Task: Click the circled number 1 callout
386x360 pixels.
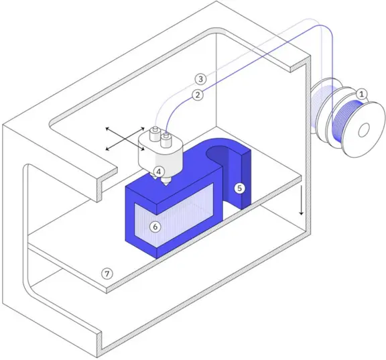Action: point(362,94)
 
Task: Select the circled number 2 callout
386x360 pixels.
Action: point(198,95)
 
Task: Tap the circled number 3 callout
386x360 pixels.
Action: point(200,79)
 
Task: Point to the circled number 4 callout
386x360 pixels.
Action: point(159,172)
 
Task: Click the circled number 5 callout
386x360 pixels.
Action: point(239,188)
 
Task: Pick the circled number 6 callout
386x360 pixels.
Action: point(155,227)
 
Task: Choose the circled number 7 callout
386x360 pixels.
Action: point(107,274)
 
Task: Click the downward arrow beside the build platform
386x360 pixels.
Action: point(302,200)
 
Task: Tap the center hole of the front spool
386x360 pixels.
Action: point(364,130)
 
